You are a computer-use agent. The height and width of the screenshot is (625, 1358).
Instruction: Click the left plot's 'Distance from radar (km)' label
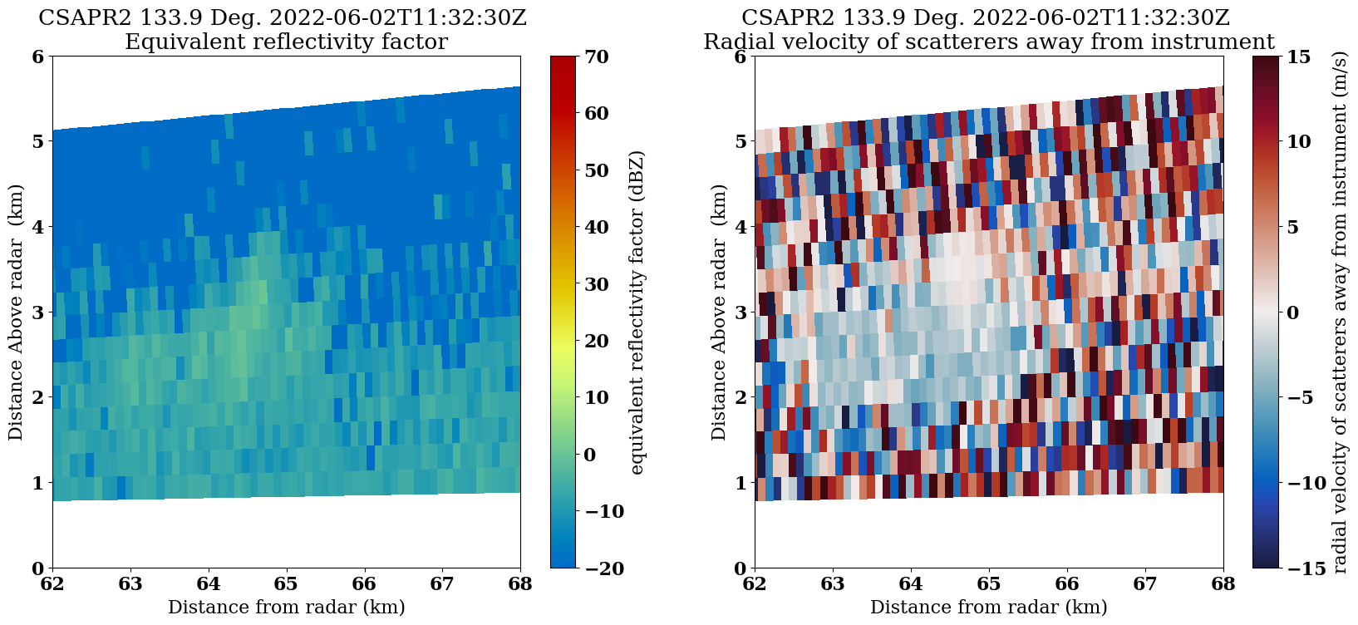coord(287,607)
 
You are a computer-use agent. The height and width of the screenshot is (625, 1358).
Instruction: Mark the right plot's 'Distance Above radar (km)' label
coord(719,312)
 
